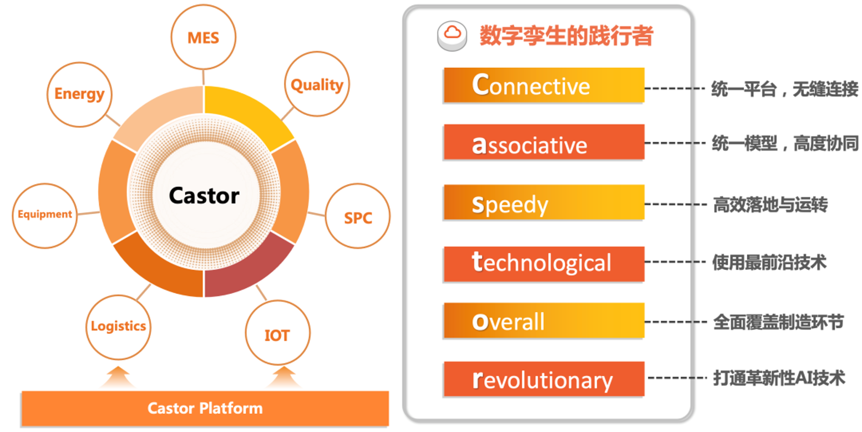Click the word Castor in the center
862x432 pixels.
click(204, 195)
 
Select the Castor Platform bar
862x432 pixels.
click(205, 409)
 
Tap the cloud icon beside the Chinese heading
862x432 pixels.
click(452, 36)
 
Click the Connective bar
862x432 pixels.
click(544, 85)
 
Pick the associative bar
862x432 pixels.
click(544, 142)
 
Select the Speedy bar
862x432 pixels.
click(544, 202)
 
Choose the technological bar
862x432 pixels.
click(544, 264)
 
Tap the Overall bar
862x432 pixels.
click(544, 320)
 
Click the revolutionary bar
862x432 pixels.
click(544, 379)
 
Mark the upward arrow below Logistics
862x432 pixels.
click(118, 377)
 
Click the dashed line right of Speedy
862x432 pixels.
click(676, 205)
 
